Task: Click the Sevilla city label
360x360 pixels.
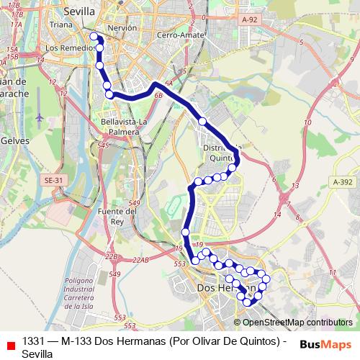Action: click(79, 12)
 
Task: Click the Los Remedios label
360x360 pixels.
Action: click(69, 48)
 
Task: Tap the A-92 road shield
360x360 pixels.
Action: click(250, 20)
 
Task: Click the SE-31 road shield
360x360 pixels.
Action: click(53, 180)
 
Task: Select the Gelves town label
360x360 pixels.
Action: click(14, 139)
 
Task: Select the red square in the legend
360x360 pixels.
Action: click(9, 345)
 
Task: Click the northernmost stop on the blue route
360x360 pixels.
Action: click(94, 36)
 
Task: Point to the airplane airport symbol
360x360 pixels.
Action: click(38, 117)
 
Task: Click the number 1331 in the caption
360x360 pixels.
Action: click(35, 341)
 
